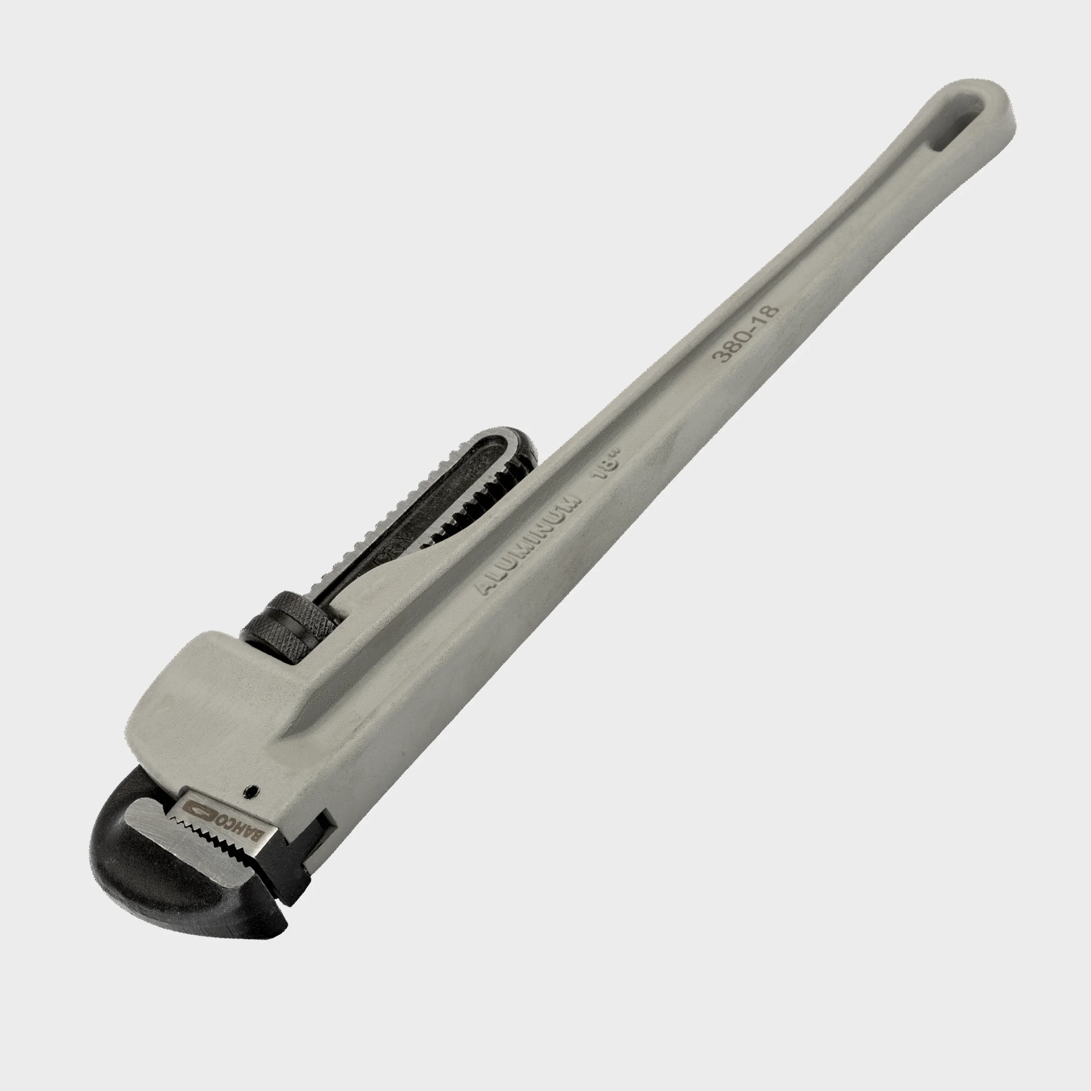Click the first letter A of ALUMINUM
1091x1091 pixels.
484,589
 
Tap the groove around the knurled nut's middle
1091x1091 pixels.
291,624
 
